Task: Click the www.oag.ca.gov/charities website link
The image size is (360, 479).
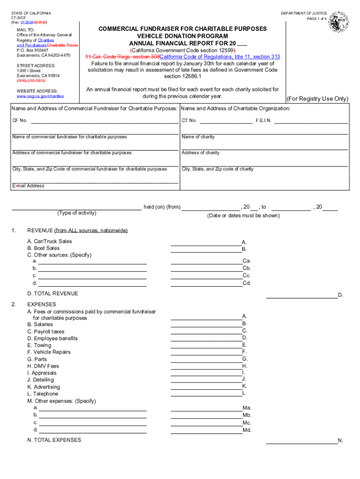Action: tap(40, 96)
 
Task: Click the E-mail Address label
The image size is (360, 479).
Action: tap(28, 186)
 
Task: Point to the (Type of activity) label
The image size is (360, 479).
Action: tap(77, 213)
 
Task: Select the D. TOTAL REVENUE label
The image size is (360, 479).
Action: tap(52, 294)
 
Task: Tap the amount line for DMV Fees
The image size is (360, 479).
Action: tap(206, 367)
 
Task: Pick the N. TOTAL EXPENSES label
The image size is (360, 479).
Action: tap(54, 440)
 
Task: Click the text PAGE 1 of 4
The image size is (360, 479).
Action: tap(317, 19)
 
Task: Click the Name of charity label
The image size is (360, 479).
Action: tap(198, 137)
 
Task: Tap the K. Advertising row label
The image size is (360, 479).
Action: tap(43, 387)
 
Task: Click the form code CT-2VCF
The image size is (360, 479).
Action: tap(19, 18)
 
